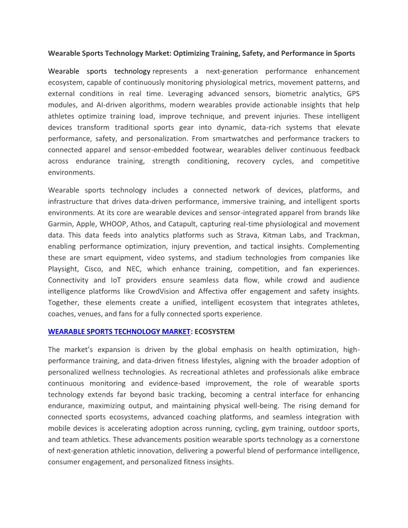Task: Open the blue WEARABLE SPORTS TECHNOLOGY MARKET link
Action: tap(119, 331)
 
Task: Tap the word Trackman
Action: tap(344, 235)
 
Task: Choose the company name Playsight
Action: tap(62, 269)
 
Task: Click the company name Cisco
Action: tap(93, 269)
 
